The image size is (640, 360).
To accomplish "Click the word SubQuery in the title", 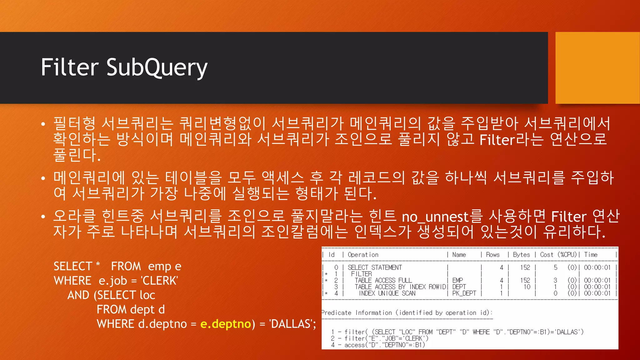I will [157, 67].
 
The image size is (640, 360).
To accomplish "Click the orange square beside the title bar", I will [597, 67].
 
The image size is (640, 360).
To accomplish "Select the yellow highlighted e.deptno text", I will [226, 324].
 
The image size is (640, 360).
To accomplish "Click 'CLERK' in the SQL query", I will [160, 281].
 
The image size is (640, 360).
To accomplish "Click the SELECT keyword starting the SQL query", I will [73, 266].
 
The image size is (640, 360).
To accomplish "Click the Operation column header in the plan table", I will [363, 255].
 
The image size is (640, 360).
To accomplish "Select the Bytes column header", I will [521, 255].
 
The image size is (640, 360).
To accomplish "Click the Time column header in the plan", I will [591, 255].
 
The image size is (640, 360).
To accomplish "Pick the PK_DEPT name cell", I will [464, 293].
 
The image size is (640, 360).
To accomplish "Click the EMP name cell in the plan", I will [457, 280].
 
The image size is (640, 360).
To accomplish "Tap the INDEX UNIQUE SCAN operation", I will [387, 293].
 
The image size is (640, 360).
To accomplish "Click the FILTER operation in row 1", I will [361, 274].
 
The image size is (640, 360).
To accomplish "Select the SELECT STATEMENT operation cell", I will [375, 267].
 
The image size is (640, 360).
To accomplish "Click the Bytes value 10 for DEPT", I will [527, 287].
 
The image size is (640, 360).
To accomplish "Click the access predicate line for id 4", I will [378, 345].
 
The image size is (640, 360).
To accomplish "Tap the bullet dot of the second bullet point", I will [43, 178].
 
